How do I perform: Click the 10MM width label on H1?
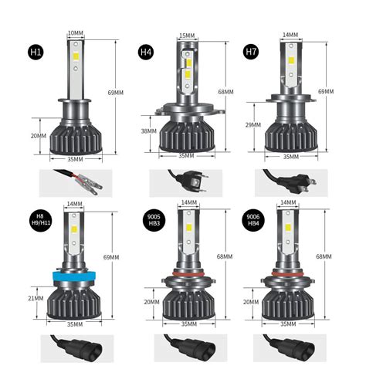tap(76, 33)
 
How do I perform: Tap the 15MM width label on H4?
tap(187, 36)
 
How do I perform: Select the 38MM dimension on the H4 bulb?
tap(148, 131)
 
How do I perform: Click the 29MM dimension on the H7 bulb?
tap(253, 124)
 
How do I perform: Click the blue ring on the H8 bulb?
tap(76, 276)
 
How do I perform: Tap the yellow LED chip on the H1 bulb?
tap(76, 51)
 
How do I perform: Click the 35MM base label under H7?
tap(290, 156)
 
